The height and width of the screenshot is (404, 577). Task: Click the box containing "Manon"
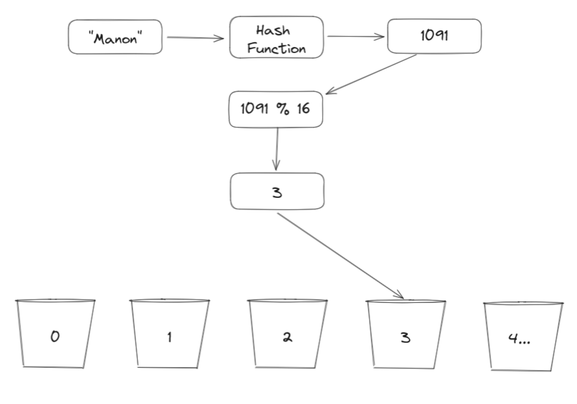tap(115, 37)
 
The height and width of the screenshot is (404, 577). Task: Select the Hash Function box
tap(276, 37)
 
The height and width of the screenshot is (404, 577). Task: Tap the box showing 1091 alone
tap(434, 36)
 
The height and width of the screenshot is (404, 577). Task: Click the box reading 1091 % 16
tap(276, 109)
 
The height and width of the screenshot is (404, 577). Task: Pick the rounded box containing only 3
tap(277, 191)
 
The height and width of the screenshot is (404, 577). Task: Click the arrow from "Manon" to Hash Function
tap(195, 39)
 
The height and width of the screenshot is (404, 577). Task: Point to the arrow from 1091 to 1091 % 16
tap(371, 74)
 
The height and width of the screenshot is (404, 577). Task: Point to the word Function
tap(277, 48)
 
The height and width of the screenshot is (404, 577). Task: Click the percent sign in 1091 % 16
tap(281, 109)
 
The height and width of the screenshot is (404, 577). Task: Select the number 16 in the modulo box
tap(302, 109)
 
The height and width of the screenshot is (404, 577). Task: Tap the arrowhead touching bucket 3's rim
tap(401, 296)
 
